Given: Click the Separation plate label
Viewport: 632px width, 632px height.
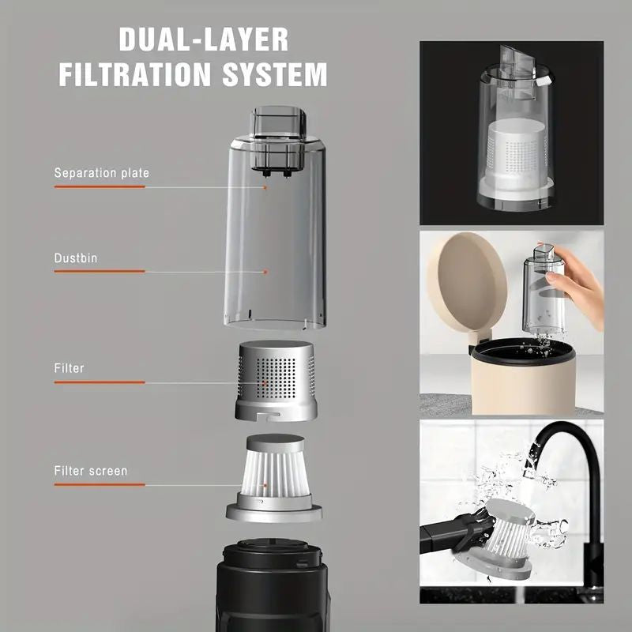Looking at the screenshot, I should coord(101,172).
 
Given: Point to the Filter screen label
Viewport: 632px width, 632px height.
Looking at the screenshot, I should coord(91,471).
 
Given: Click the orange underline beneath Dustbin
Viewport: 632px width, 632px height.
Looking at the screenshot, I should coord(100,272).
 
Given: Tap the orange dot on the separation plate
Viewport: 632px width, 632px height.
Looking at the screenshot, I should coord(266,187).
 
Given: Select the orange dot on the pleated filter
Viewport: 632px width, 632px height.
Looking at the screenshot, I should coord(266,486).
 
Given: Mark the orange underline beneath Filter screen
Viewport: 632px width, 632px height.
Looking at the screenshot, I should coord(100,485).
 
